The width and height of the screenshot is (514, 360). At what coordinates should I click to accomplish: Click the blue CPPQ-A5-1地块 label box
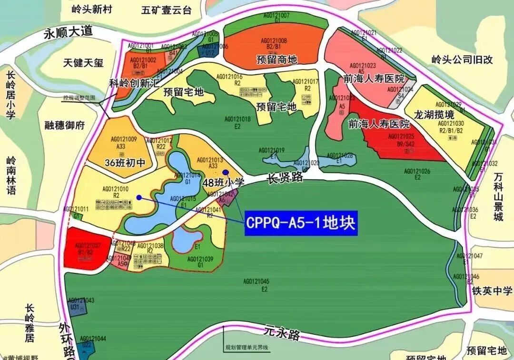point(301,223)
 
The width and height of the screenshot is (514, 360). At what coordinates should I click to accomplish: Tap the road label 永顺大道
point(66,33)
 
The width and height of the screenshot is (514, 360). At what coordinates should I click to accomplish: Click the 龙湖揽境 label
point(435,115)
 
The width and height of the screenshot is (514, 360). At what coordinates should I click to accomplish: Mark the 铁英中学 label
point(493,290)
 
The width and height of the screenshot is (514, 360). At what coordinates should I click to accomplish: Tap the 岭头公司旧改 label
point(462,60)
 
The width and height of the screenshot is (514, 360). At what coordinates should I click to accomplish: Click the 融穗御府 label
point(64,125)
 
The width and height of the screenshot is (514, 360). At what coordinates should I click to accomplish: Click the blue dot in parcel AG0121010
point(138,197)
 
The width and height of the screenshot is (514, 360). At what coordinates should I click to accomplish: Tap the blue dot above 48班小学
point(226,172)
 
